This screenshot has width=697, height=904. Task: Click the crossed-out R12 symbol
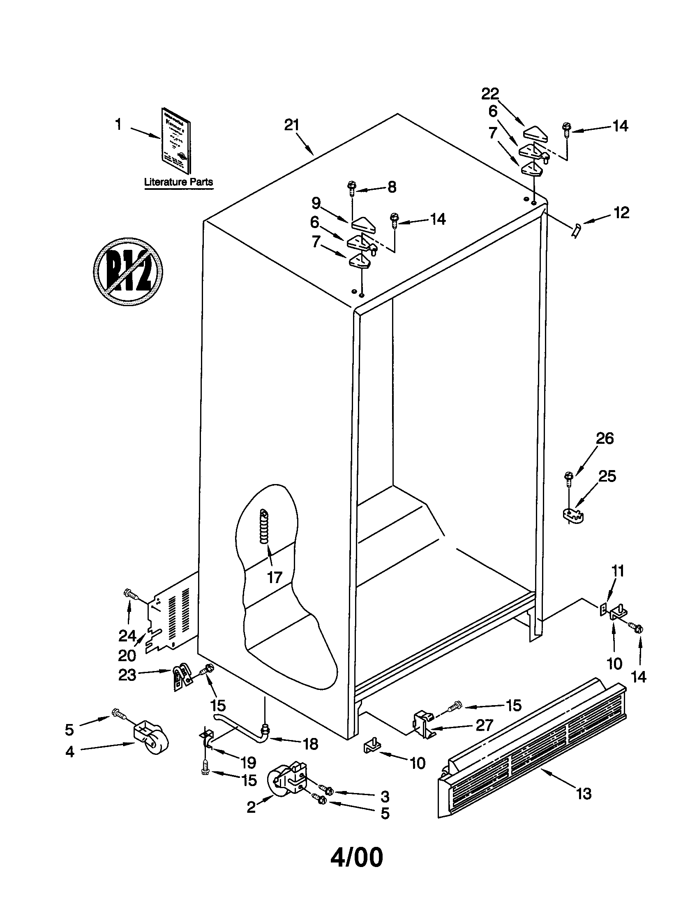128,272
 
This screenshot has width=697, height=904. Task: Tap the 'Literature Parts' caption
178,182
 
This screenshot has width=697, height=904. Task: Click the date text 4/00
357,858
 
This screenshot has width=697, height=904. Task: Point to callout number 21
291,125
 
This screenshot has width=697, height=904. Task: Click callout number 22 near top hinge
490,94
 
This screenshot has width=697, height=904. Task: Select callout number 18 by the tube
311,744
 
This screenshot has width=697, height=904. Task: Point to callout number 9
316,203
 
